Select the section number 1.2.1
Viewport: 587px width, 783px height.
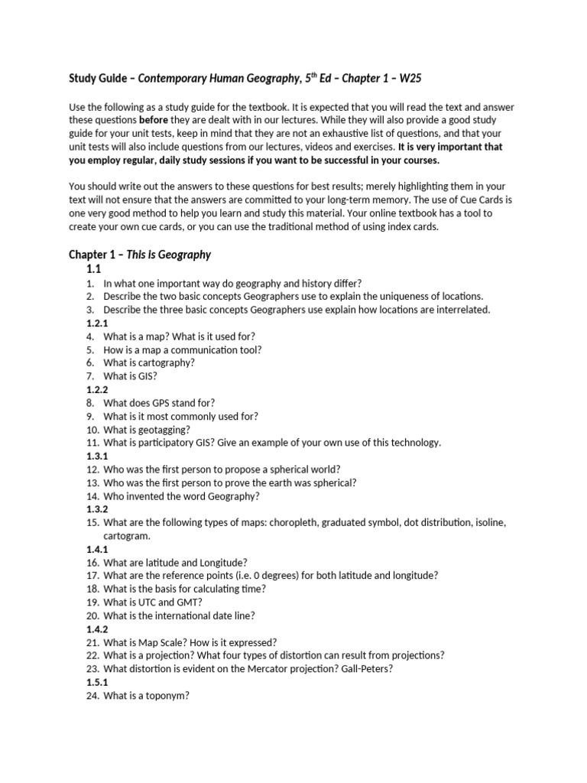98,323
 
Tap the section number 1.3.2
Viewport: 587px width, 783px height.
98,509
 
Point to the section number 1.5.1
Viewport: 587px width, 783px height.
98,682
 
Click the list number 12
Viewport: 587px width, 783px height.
92,469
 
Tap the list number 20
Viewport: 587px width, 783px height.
92,616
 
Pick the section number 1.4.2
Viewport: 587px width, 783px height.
98,629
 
